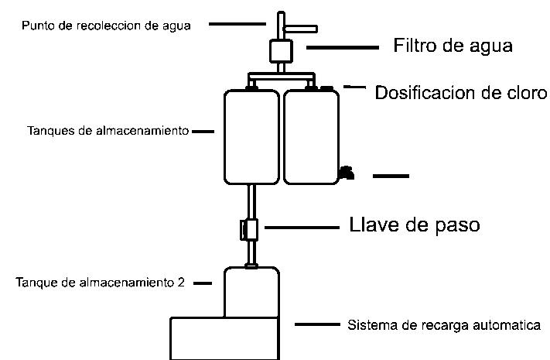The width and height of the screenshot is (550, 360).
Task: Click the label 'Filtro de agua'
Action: tap(453, 46)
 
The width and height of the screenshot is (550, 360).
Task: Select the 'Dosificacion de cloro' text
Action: tap(461, 93)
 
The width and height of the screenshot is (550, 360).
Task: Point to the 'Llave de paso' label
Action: tap(415, 225)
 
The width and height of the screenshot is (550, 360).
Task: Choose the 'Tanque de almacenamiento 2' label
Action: tap(100, 283)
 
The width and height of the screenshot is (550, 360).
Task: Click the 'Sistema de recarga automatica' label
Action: tap(444, 324)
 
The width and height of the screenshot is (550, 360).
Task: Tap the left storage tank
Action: tap(251, 137)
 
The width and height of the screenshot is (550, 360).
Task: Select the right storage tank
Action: tap(311, 137)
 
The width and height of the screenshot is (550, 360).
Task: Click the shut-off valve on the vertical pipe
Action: tap(250, 229)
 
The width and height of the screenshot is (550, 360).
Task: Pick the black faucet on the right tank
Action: tap(347, 171)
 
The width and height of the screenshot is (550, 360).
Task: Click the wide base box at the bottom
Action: tap(224, 338)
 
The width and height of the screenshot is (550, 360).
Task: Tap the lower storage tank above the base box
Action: tap(251, 292)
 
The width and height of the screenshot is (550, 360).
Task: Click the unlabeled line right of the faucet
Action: tap(391, 177)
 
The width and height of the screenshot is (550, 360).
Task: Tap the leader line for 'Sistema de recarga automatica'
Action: tap(317, 324)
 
